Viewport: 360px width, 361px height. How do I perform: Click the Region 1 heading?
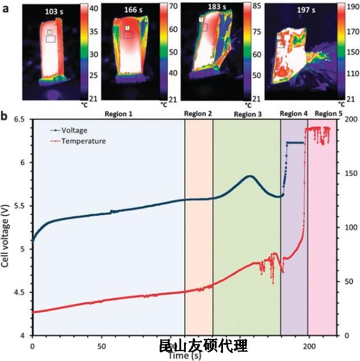pos(119,114)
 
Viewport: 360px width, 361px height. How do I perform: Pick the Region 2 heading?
pos(199,114)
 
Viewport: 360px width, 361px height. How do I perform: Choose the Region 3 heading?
pos(248,114)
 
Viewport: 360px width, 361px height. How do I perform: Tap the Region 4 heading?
pos(294,114)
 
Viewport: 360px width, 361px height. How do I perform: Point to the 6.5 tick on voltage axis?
pos(21,119)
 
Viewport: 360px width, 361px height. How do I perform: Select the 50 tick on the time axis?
pos(101,344)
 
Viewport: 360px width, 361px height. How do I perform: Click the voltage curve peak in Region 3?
pos(250,176)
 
